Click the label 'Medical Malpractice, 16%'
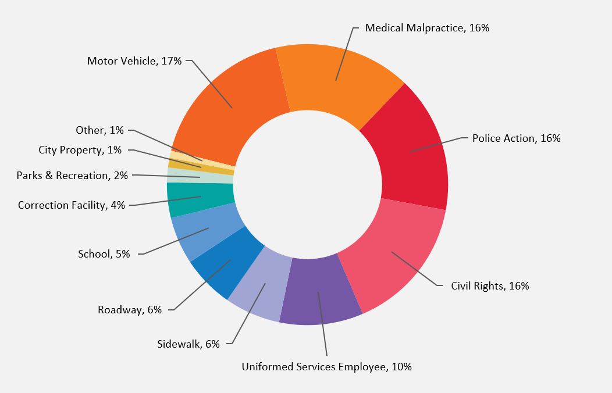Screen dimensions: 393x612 click(427, 28)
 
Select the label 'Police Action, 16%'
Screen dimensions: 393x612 click(516, 138)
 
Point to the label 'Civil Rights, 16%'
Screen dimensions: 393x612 click(490, 286)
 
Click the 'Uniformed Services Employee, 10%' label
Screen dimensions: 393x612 click(326, 367)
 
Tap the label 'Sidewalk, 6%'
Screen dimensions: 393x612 click(188, 344)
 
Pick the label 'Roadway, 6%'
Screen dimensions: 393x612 click(130, 310)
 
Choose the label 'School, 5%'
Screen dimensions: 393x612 click(104, 253)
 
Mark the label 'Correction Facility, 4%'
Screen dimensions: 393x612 click(72, 205)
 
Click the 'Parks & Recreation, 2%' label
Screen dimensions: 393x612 click(72, 175)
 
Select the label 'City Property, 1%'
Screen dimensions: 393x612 click(80, 150)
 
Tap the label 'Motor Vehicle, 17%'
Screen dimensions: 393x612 click(134, 60)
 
